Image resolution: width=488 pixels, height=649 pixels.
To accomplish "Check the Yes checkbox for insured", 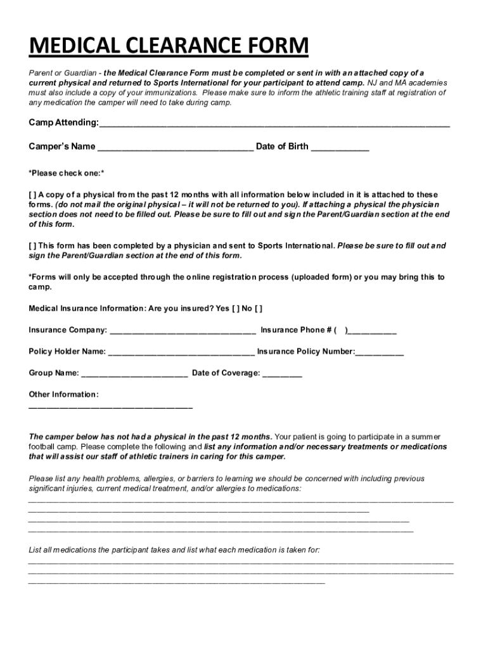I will click(x=236, y=309).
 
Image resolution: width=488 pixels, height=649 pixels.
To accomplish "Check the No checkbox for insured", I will click(x=258, y=309).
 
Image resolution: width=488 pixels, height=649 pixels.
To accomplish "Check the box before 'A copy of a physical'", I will click(x=32, y=195).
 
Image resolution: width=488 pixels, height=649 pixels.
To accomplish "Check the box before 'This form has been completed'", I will click(x=32, y=245).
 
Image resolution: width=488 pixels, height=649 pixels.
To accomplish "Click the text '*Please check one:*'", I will click(x=67, y=173).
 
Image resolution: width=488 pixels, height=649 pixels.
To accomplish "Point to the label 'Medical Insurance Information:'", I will click(x=87, y=309).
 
